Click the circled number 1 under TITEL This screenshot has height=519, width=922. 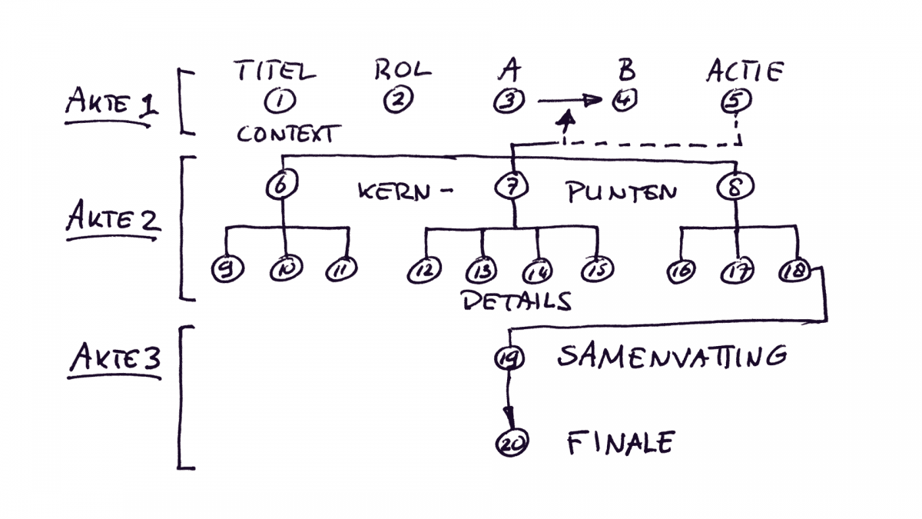(275, 101)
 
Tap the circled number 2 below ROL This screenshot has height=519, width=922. (399, 100)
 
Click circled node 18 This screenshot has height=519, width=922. (792, 271)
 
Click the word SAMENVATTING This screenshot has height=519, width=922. (672, 356)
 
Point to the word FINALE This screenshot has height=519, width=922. (620, 443)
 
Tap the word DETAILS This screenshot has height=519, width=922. (516, 301)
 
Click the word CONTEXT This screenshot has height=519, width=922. (285, 135)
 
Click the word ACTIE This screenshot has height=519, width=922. (744, 72)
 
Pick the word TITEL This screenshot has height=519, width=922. (274, 72)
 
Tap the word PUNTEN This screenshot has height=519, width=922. (622, 191)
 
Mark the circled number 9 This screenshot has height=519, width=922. (227, 271)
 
